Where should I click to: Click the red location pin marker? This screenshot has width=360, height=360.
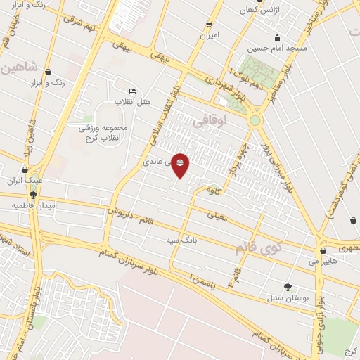coord(180,164)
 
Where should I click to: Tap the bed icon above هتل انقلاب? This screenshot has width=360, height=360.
coord(133,91)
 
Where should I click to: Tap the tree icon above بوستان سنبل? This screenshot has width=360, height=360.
coord(288,286)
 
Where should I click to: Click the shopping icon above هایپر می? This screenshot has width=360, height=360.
coord(323,250)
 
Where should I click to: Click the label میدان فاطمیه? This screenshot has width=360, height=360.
coord(33,205)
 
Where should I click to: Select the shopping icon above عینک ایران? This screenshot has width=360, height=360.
coord(26,169)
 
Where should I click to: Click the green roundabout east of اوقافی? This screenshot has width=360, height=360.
coord(254,121)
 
